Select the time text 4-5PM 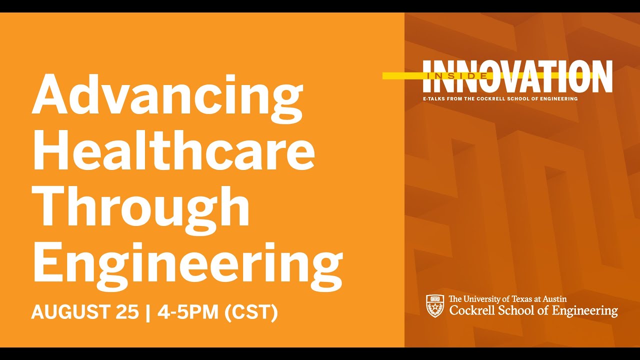tap(188, 312)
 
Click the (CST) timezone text tap(251, 312)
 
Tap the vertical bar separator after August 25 tap(147, 312)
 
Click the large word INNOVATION tap(517, 76)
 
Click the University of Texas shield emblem tap(435, 305)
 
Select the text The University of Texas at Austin tap(507, 299)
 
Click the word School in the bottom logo tap(518, 310)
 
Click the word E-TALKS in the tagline tap(433, 99)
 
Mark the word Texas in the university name tap(521, 299)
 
